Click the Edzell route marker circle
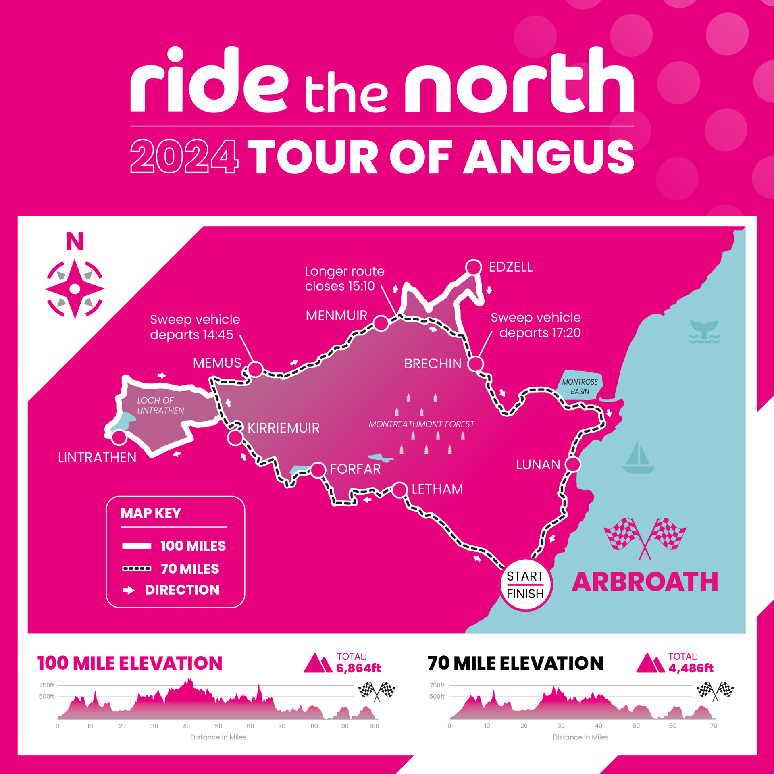tap(474, 267)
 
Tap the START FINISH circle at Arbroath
tap(525, 585)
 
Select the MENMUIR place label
tap(336, 316)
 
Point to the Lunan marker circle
tap(573, 464)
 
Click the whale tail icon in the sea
tap(704, 331)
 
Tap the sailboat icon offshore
tap(638, 458)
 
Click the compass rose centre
tap(75, 289)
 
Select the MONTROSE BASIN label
tap(580, 386)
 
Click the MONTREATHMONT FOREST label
tap(421, 424)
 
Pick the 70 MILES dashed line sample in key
tap(137, 568)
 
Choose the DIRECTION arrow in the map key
tap(129, 590)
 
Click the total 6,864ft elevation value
tap(358, 668)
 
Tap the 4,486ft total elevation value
tap(691, 668)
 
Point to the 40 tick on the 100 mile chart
tap(186, 726)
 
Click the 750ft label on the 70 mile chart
tap(437, 685)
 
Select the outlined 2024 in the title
tap(184, 156)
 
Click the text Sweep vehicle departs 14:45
tap(195, 327)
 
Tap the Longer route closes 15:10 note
tap(344, 279)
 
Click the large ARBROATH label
tap(645, 582)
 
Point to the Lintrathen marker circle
tap(119, 437)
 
